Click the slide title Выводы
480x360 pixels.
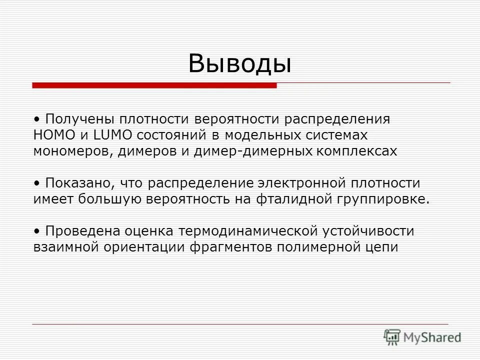click(239, 64)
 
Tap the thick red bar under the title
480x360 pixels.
click(154, 85)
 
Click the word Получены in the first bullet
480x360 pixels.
click(74, 120)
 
